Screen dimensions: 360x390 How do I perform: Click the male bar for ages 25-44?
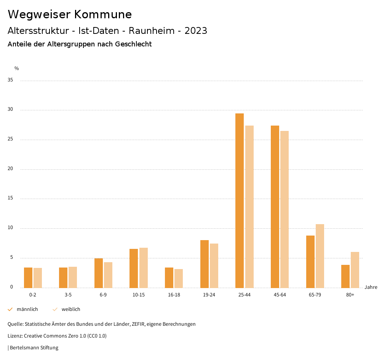[x=240, y=201]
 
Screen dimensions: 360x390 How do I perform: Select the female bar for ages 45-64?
[x=285, y=209]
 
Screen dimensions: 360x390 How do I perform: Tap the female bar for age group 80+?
[x=355, y=270]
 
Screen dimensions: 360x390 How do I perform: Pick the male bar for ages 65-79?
[x=310, y=262]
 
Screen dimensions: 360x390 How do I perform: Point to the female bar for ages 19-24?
[x=214, y=266]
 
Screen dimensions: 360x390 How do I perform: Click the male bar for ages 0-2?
[x=28, y=278]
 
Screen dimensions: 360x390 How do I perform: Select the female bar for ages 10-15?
[x=144, y=268]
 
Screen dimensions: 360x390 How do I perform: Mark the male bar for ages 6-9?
[x=99, y=273]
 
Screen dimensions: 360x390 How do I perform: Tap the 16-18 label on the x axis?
[x=174, y=295]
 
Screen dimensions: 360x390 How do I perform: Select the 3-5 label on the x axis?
[x=68, y=295]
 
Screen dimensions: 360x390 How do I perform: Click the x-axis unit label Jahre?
[x=371, y=287]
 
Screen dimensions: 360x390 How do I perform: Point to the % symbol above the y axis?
[x=17, y=68]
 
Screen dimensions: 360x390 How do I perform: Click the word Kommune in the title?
[x=103, y=14]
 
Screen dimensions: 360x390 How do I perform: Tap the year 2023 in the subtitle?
[x=196, y=31]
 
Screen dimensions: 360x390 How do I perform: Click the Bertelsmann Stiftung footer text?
[x=34, y=348]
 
